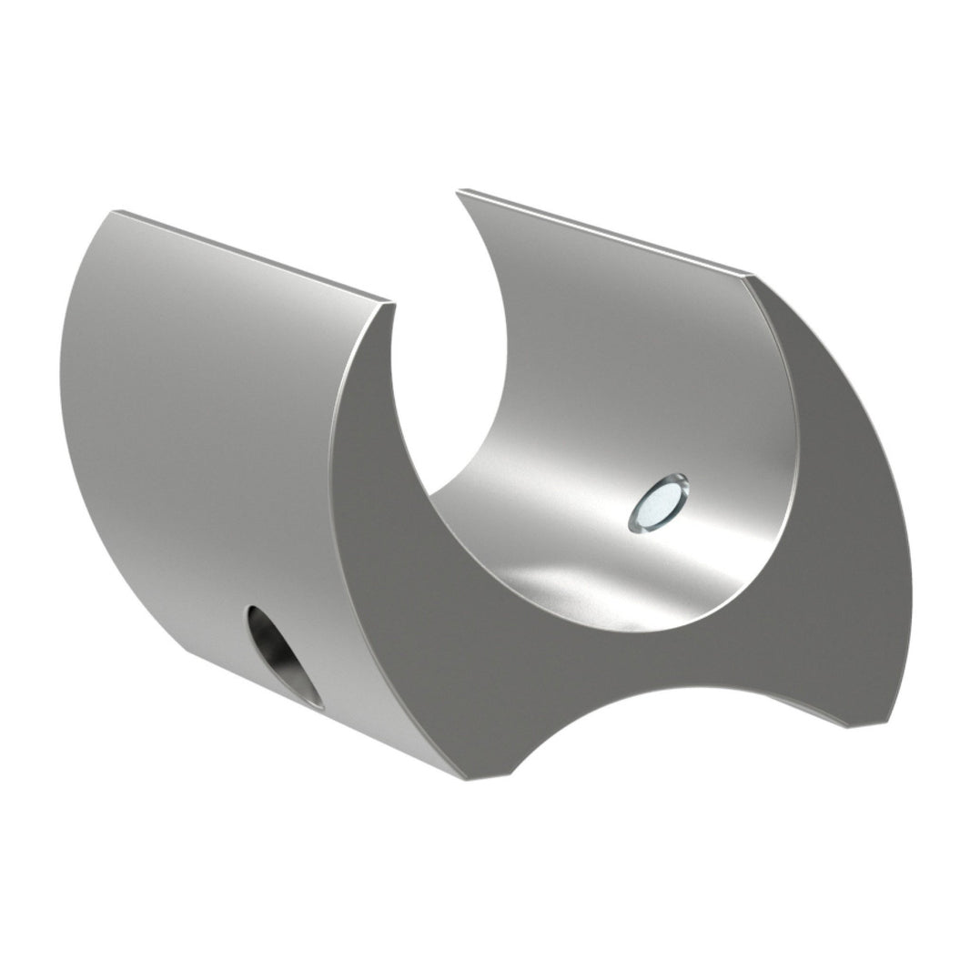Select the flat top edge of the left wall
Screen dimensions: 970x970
tap(255, 257)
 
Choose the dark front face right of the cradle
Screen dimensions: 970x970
tap(846, 510)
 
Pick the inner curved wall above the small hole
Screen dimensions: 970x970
tap(637, 364)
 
